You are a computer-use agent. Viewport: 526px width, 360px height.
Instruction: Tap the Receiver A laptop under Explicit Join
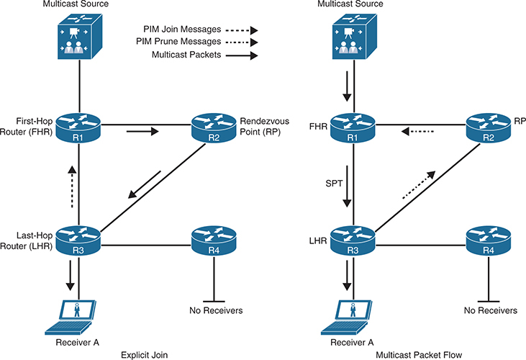click(78, 315)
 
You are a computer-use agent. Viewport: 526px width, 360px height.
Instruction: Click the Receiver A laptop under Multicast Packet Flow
click(353, 315)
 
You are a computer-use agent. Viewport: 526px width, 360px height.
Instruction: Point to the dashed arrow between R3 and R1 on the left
click(70, 184)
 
